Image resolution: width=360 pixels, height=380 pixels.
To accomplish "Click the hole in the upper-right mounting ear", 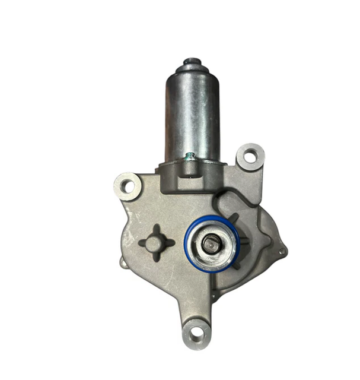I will [x=250, y=157].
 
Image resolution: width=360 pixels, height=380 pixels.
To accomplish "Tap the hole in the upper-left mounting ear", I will [x=127, y=186].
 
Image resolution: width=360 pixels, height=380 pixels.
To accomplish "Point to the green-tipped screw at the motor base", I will [x=190, y=157].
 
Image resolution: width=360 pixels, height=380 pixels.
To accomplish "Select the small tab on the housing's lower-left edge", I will [x=122, y=261].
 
